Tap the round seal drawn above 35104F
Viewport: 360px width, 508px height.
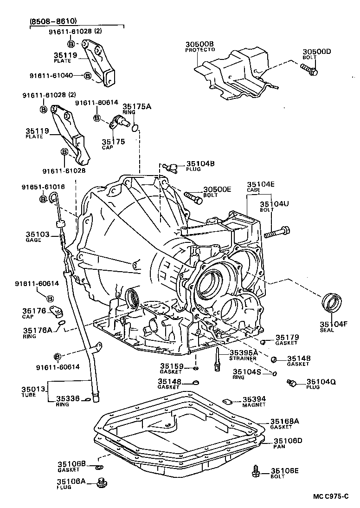(x=333, y=303)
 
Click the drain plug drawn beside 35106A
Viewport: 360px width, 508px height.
(x=101, y=483)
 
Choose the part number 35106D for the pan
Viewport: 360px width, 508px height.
(x=288, y=440)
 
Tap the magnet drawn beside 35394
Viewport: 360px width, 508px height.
(x=227, y=400)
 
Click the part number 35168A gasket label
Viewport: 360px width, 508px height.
(x=285, y=421)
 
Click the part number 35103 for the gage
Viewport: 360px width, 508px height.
(x=38, y=234)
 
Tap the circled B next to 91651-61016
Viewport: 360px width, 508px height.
(x=43, y=199)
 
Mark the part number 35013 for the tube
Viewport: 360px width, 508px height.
(x=32, y=389)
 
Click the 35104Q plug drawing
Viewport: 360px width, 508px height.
(x=291, y=382)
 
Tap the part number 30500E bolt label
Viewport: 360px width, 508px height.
(x=217, y=189)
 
